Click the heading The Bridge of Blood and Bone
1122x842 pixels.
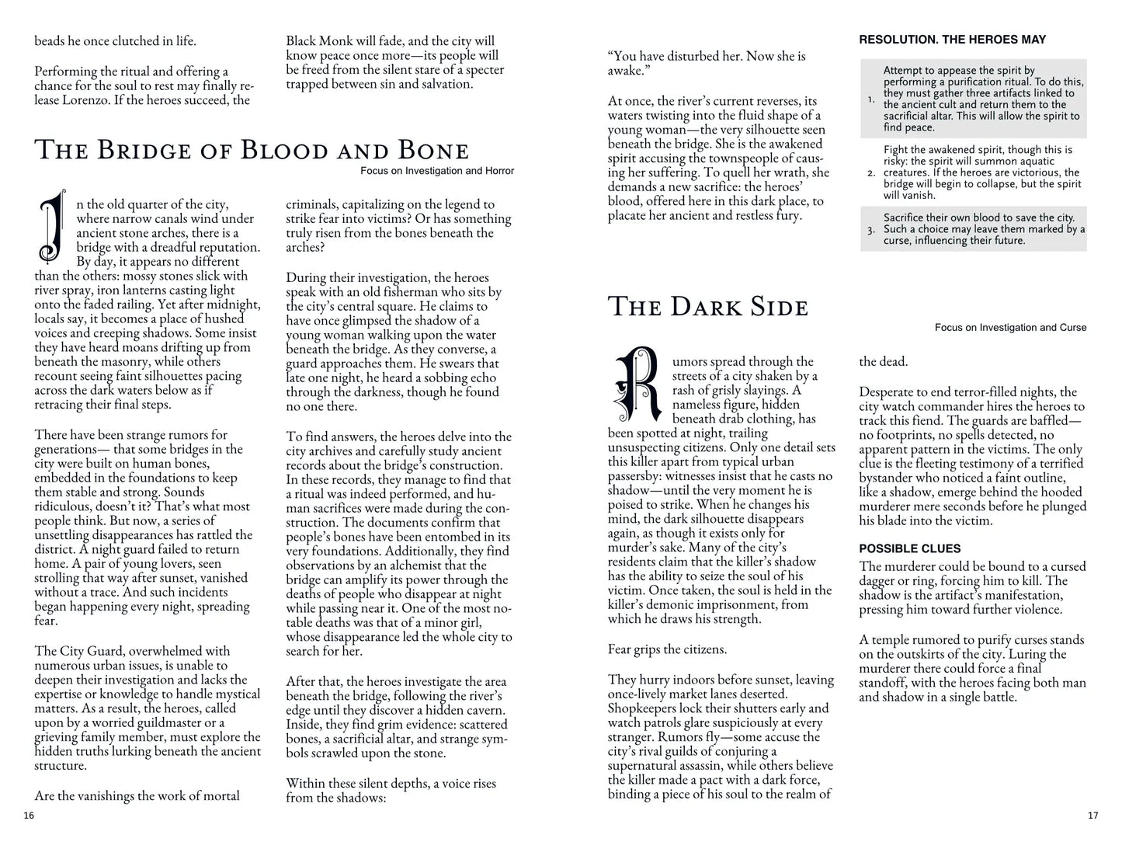click(252, 150)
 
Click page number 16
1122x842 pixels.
click(29, 815)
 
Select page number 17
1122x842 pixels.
click(1092, 815)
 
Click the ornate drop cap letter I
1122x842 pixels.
click(52, 226)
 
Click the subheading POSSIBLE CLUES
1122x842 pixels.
click(909, 548)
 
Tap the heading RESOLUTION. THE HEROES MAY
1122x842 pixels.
click(952, 40)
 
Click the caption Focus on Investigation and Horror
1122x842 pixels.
click(437, 171)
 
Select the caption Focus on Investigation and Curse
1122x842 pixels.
click(1010, 328)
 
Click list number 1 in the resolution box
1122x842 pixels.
click(871, 99)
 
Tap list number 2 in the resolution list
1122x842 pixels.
click(871, 172)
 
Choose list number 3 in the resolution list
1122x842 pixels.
click(871, 230)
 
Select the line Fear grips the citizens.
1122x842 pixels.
click(667, 649)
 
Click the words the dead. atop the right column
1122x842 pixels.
click(883, 361)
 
